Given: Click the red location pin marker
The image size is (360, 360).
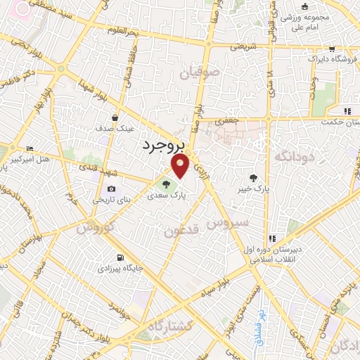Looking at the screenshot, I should pyautogui.click(x=181, y=166).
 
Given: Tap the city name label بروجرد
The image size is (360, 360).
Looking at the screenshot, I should pyautogui.click(x=162, y=145).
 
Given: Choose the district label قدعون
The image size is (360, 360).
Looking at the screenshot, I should pyautogui.click(x=182, y=230).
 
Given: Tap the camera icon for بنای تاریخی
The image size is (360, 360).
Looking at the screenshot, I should pyautogui.click(x=112, y=188).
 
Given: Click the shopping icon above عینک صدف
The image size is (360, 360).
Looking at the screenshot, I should pyautogui.click(x=113, y=117).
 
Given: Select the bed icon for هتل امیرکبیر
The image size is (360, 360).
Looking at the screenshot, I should pyautogui.click(x=29, y=149).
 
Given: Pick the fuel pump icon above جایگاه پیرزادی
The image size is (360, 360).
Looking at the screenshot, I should pyautogui.click(x=122, y=257).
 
